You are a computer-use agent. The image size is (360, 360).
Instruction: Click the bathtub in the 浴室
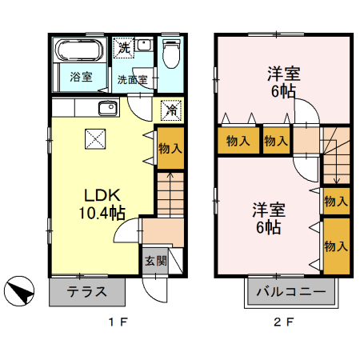click(x=78, y=51)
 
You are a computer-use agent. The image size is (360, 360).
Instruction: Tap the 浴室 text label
click(x=80, y=78)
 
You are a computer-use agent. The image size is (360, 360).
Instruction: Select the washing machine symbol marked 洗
click(x=123, y=48)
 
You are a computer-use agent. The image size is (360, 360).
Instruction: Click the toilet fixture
click(x=170, y=54)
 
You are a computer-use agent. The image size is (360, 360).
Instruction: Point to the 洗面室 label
click(x=132, y=79)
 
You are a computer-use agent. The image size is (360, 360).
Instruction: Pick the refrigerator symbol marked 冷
click(x=170, y=110)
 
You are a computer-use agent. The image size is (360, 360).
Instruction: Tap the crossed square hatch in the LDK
click(x=95, y=140)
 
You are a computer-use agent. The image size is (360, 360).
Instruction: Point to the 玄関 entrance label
click(x=156, y=261)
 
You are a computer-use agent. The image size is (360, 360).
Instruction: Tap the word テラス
click(x=87, y=292)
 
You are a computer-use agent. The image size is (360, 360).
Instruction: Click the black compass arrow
click(x=22, y=291)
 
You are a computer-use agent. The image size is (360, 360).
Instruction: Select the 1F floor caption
click(x=118, y=322)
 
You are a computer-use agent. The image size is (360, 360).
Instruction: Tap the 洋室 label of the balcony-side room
click(x=267, y=210)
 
